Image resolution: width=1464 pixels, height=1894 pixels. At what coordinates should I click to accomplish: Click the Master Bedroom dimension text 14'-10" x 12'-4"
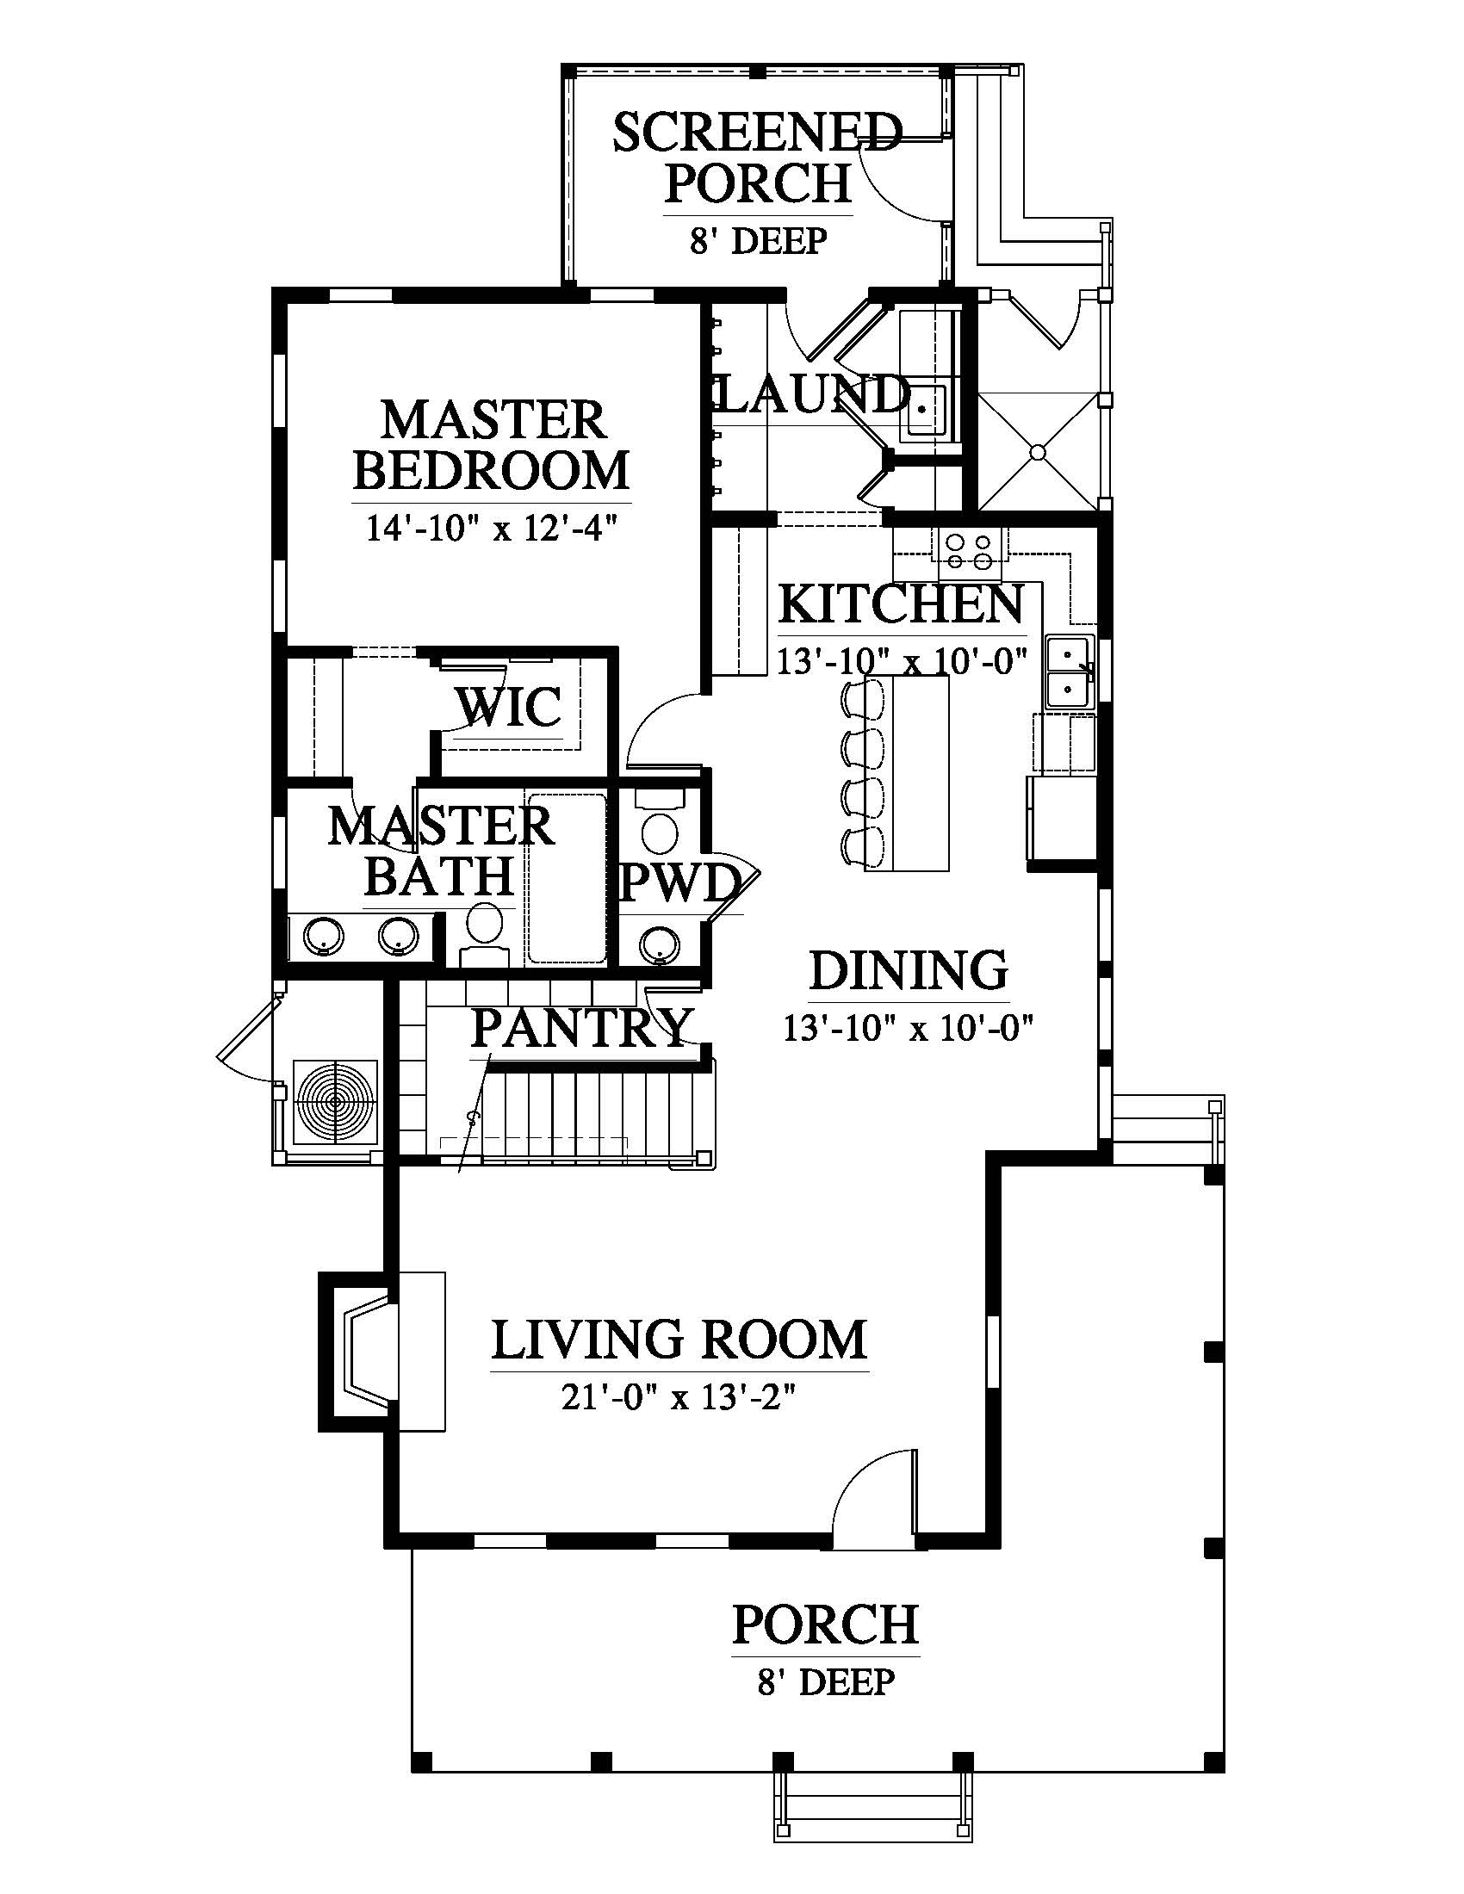click(491, 527)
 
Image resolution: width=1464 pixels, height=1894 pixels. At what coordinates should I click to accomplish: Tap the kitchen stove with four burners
click(968, 554)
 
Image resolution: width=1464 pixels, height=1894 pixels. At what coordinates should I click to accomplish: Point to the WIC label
click(509, 707)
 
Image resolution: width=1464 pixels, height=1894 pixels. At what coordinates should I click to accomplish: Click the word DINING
click(909, 969)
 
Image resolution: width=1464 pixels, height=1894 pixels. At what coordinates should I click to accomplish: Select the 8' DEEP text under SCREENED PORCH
click(759, 241)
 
